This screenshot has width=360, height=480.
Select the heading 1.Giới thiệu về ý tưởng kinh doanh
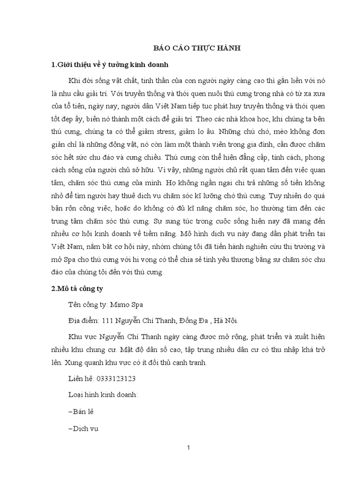pyautogui.click(x=112, y=64)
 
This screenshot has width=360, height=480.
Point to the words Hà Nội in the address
pyautogui.click(x=225, y=321)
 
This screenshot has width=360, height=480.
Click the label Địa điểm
pyautogui.click(x=83, y=321)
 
